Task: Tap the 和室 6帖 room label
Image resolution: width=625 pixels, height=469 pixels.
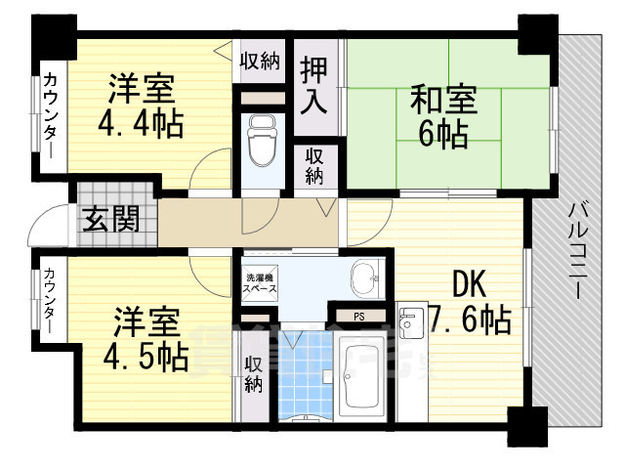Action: tap(441, 115)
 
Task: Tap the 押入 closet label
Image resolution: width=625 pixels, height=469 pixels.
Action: tap(312, 87)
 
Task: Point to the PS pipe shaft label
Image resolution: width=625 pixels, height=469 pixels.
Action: tap(359, 316)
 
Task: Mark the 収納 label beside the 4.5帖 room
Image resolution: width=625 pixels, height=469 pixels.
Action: tap(254, 373)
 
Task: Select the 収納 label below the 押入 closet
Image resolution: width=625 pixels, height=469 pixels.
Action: tap(313, 165)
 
